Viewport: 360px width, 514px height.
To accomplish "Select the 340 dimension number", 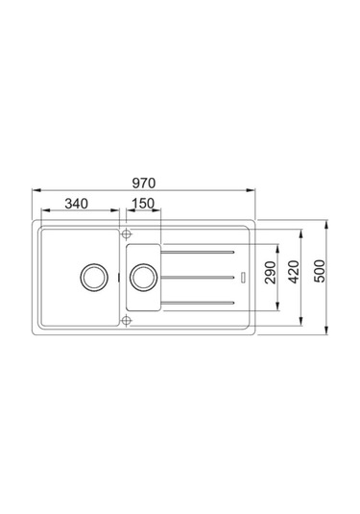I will (80, 204).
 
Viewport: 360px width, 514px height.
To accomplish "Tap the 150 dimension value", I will (143, 204).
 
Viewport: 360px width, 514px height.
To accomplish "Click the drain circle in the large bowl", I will (92, 277).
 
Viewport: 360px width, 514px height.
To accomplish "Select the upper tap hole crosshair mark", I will (125, 233).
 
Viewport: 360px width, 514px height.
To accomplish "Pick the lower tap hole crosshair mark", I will (125, 322).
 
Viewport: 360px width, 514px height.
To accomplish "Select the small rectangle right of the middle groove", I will (245, 277).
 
